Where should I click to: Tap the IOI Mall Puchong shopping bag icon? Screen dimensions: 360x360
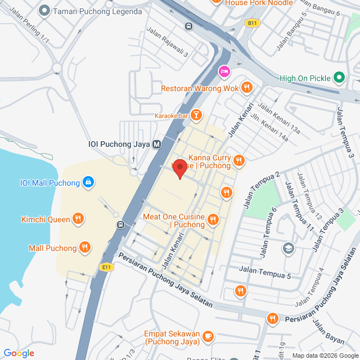coord(88,182)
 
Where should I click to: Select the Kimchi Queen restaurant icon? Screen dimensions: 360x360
coord(78,219)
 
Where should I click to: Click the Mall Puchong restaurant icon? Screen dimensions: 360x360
coord(84,247)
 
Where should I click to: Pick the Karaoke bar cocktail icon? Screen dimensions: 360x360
coord(196,115)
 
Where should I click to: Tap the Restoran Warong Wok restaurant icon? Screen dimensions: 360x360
coord(246,88)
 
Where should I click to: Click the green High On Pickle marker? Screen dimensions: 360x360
coord(339,78)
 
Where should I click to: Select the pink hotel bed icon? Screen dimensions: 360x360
coord(224,71)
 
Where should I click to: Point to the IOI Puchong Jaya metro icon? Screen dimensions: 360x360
coord(157,144)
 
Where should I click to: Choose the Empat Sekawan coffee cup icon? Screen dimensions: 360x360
coord(208,336)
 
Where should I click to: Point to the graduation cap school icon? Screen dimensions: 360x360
coord(288,247)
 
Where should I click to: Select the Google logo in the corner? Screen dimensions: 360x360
coord(19,353)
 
